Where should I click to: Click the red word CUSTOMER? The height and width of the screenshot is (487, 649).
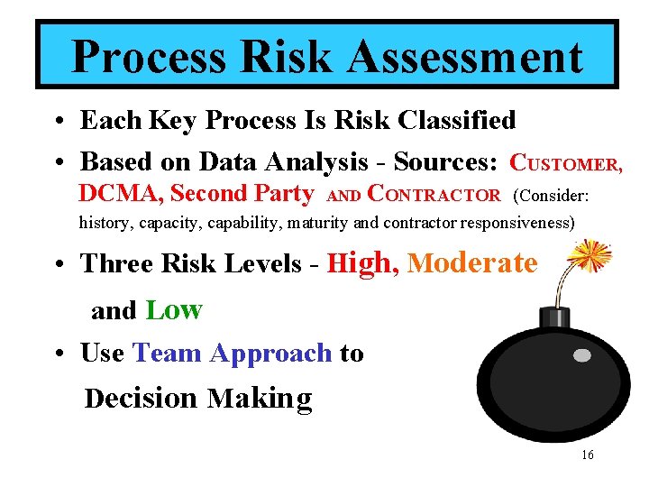coord(566,163)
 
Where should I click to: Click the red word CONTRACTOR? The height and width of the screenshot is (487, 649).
coord(436,194)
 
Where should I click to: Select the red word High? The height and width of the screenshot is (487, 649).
coord(360,263)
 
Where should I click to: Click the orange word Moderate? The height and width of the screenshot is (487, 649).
coord(472,263)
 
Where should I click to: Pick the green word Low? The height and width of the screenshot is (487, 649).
coord(174,310)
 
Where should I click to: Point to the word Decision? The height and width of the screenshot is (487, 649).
coord(140,398)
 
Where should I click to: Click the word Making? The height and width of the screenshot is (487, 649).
coord(260,398)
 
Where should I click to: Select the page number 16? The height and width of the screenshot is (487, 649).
coord(587,455)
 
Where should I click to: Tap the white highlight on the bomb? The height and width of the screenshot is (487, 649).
coord(582,355)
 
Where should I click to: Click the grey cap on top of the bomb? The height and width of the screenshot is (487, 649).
coord(553,317)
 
